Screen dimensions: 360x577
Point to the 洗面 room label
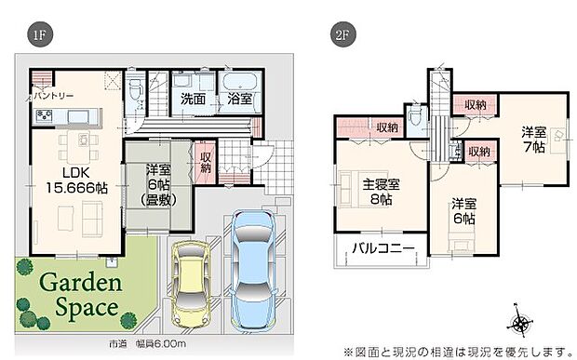point(194,97)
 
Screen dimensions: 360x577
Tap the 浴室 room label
point(237,97)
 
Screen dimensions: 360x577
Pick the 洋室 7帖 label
point(533,141)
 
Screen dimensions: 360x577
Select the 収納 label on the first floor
point(206,161)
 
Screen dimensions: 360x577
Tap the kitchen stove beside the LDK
point(46,116)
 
